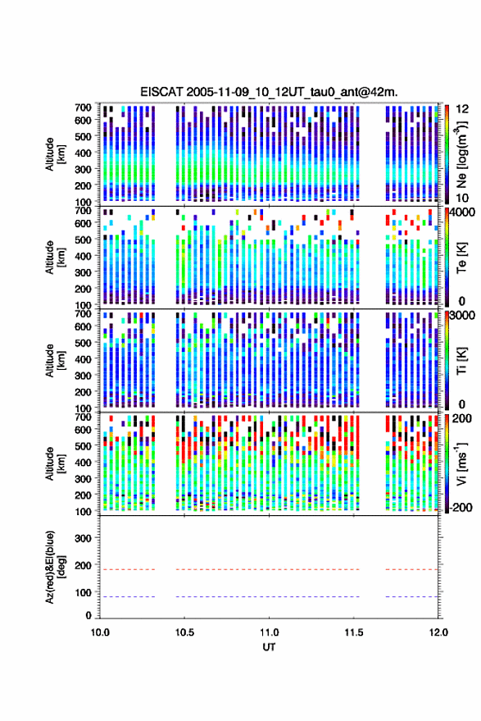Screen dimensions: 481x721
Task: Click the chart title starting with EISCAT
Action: (270, 92)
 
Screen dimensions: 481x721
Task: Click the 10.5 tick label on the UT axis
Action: (184, 632)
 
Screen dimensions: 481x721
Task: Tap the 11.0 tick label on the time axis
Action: (269, 632)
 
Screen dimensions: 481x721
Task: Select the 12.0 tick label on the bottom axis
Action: (438, 632)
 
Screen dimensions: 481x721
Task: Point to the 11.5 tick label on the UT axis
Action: (353, 632)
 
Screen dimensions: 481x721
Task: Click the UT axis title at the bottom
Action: (269, 647)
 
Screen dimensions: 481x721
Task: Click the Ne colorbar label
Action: (461, 153)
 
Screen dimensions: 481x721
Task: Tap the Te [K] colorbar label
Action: (461, 258)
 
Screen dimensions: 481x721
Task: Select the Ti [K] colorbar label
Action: (461, 361)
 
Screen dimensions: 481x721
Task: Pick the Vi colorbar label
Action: (461, 463)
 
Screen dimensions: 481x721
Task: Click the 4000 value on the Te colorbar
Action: (463, 213)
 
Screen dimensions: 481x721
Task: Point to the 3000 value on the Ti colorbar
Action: (463, 316)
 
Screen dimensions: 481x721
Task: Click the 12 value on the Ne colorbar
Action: (463, 109)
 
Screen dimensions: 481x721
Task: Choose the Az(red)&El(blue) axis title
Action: (55, 567)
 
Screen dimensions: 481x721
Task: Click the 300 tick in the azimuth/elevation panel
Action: (83, 538)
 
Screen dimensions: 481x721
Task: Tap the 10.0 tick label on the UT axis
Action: (100, 632)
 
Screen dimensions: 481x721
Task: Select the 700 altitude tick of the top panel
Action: (83, 107)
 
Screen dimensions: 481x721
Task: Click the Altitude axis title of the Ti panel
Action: (55, 361)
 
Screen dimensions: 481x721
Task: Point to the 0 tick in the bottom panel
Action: (88, 615)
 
